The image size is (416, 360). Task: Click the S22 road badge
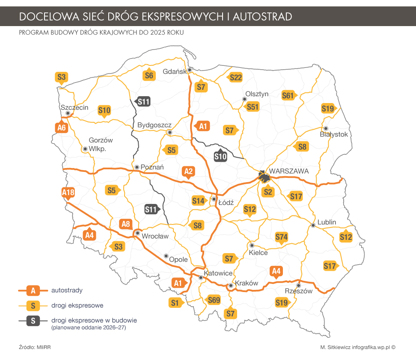(x=235, y=77)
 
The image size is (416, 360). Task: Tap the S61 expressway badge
(x=288, y=95)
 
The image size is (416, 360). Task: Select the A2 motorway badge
(x=188, y=172)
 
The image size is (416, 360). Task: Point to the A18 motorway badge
(x=68, y=193)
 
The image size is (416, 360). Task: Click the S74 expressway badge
(x=281, y=237)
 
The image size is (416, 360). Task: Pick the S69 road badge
(x=214, y=300)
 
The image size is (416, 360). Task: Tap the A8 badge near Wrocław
(x=125, y=224)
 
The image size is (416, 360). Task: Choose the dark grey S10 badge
(x=220, y=156)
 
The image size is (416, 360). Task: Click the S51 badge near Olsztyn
(x=253, y=106)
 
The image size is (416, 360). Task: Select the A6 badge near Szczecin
(x=62, y=127)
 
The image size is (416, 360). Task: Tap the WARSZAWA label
(x=289, y=171)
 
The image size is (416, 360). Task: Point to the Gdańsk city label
(x=175, y=71)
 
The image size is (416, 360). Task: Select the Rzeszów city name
(x=299, y=291)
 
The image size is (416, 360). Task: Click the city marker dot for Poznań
(x=137, y=167)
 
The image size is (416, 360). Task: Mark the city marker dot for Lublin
(x=313, y=225)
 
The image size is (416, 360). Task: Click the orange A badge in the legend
(x=33, y=291)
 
